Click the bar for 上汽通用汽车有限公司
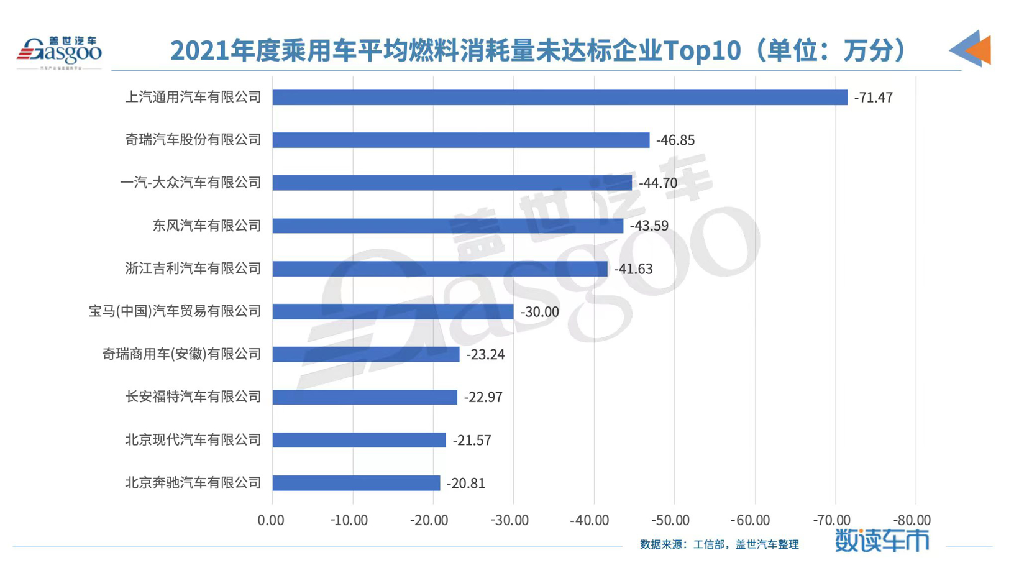(559, 98)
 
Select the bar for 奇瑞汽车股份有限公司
(460, 140)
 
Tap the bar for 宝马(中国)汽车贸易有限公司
(393, 311)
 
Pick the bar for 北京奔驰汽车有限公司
(356, 483)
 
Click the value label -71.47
(873, 98)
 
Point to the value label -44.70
(658, 183)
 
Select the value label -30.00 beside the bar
(539, 312)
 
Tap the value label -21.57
(472, 441)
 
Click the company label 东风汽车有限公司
(207, 226)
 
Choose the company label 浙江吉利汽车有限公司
(193, 268)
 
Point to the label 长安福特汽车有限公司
(193, 397)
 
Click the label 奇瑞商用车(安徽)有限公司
(181, 354)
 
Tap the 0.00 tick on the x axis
(271, 520)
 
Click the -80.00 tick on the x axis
(912, 520)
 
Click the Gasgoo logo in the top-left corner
(59, 52)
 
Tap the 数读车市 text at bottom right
(882, 541)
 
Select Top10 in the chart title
(702, 50)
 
